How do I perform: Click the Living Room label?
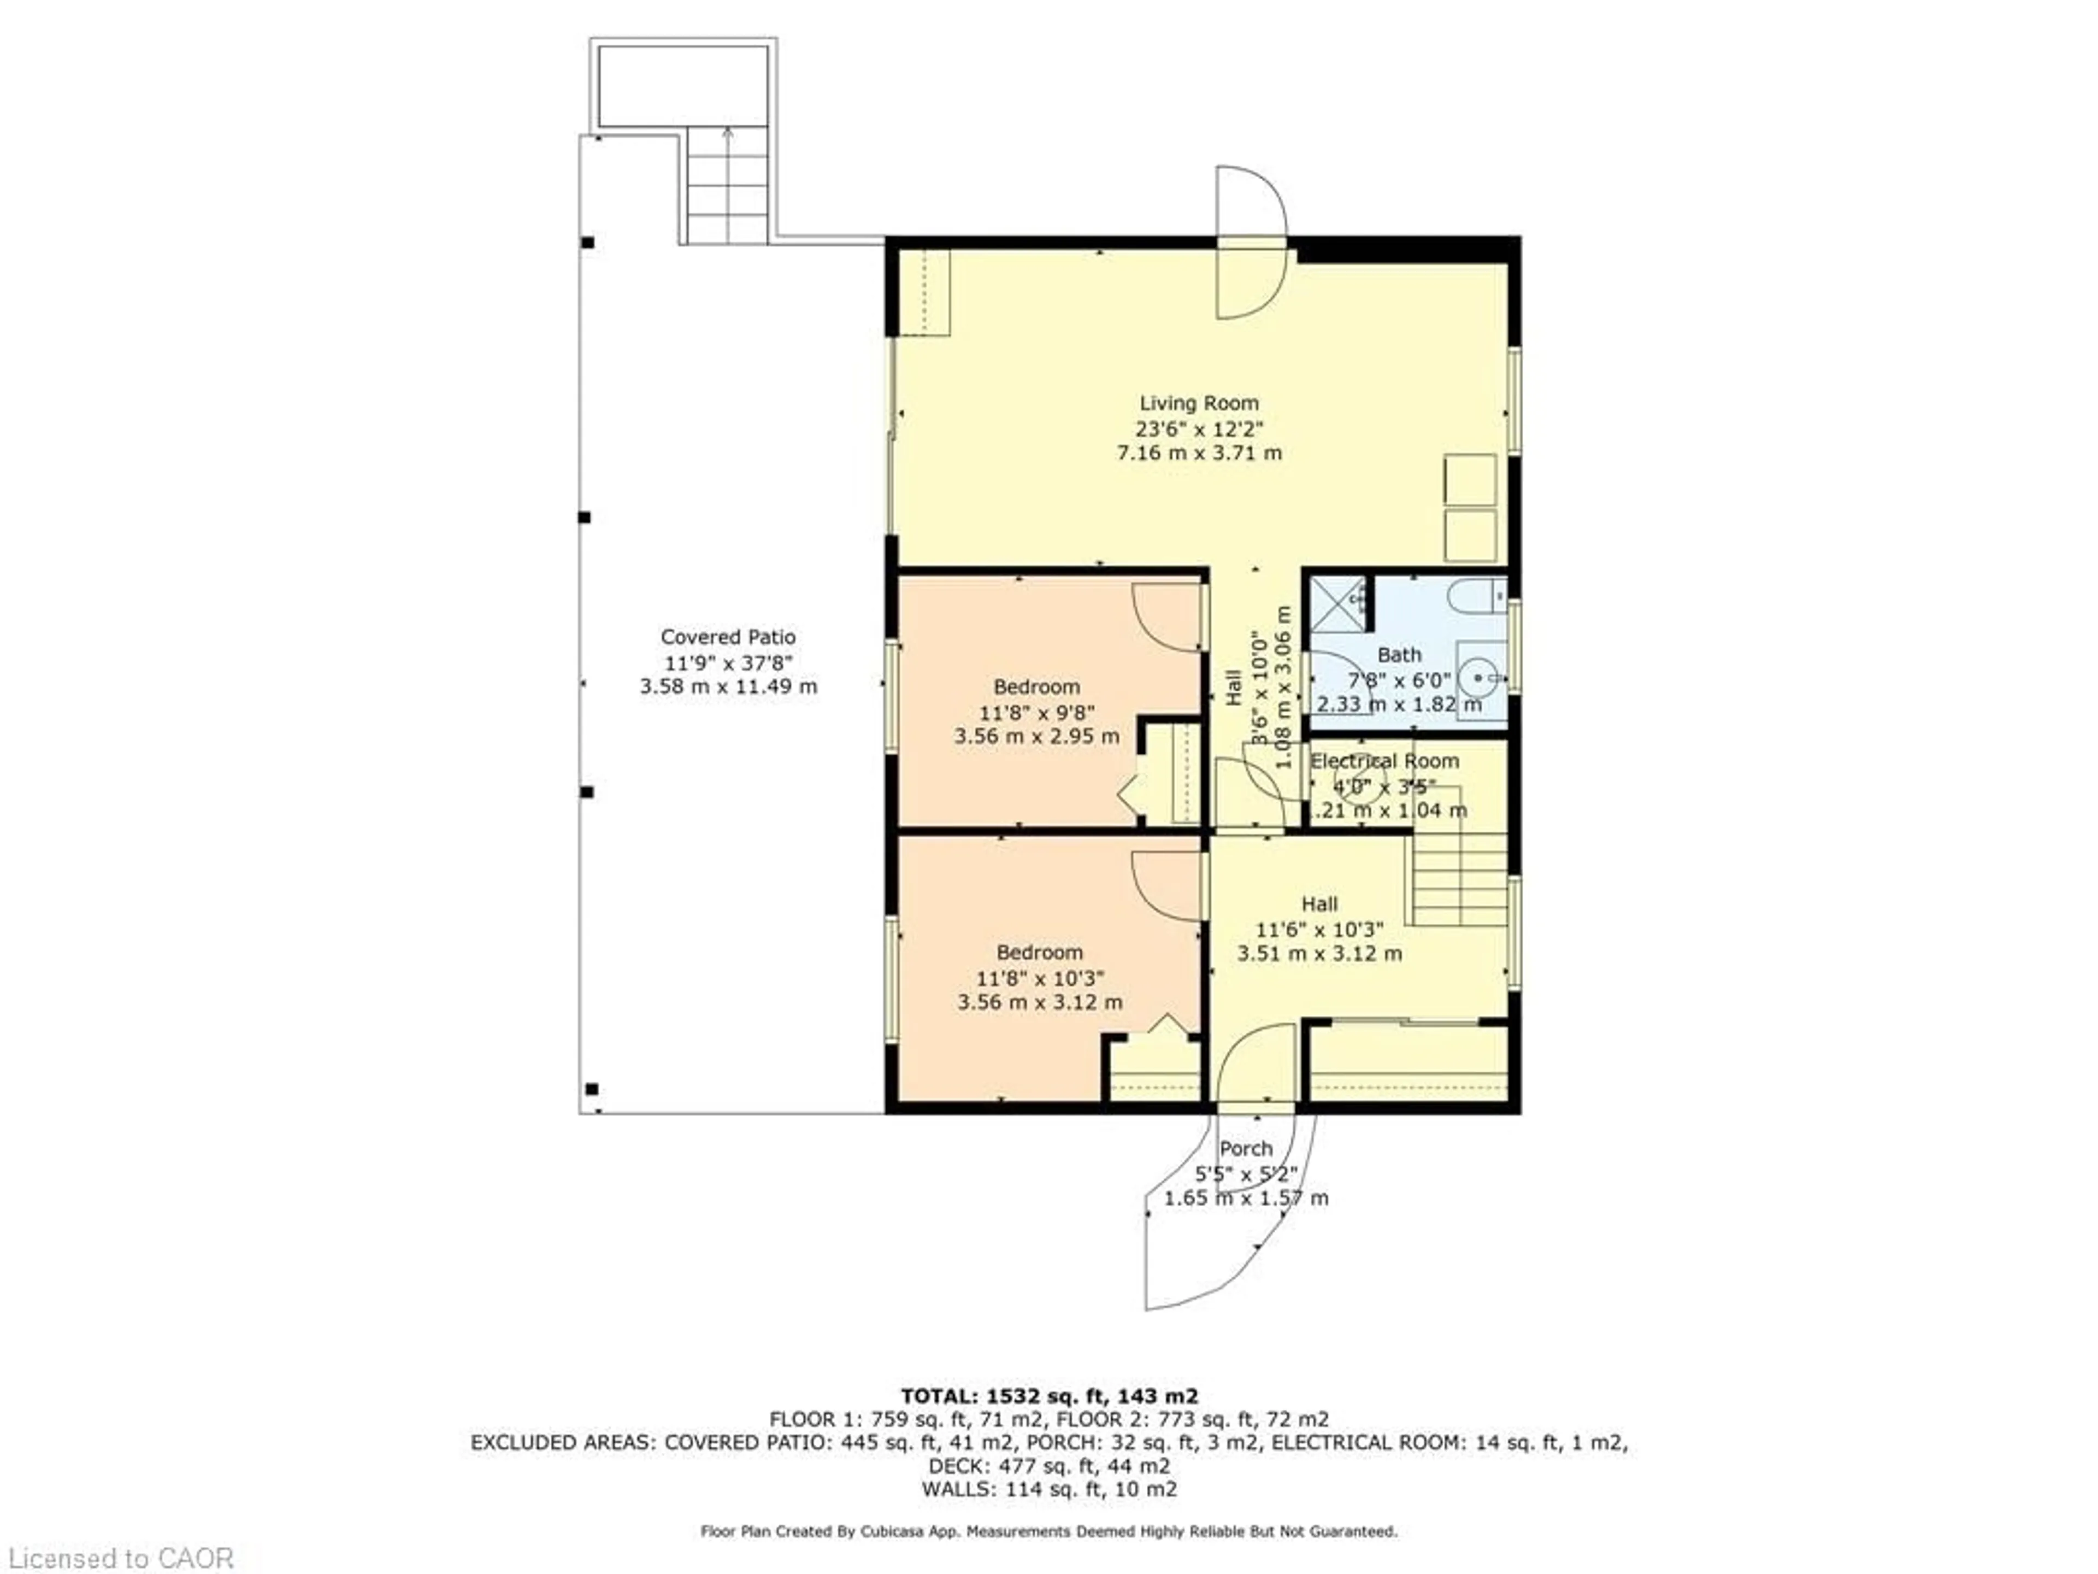tap(1199, 403)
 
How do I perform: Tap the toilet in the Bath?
tap(1475, 596)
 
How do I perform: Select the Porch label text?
tap(1245, 1149)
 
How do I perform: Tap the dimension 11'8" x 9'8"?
tap(1036, 712)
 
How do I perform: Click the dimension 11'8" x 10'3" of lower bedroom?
tap(1040, 977)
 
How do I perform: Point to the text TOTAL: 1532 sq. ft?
tap(1049, 1396)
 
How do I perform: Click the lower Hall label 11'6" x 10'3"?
tap(1319, 929)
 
